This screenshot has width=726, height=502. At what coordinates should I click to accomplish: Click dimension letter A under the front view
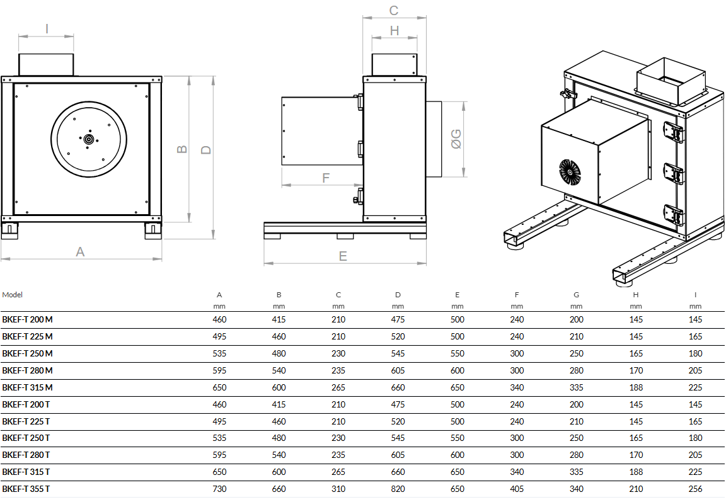[80, 251]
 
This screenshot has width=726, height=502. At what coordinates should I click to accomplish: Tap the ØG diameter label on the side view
[456, 139]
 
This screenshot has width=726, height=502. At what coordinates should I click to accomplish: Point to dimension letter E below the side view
[343, 256]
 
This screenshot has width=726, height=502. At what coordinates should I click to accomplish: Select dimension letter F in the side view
[326, 178]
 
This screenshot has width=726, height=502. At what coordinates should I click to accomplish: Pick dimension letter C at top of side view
[394, 10]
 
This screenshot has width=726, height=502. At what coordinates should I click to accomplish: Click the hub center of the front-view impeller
[88, 139]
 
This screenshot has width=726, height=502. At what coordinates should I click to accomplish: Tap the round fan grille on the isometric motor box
[569, 171]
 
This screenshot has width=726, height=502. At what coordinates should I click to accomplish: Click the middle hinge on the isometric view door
[674, 173]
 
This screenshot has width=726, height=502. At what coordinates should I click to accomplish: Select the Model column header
[13, 295]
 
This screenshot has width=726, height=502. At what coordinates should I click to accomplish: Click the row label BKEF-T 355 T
[26, 489]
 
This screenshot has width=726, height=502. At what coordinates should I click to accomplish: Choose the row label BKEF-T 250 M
[28, 353]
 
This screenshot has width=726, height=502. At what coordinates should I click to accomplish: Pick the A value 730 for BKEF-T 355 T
[219, 489]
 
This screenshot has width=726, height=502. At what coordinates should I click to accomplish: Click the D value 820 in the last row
[398, 489]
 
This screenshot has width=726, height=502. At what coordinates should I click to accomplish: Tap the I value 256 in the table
[695, 489]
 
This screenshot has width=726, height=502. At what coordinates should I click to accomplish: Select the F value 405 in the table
[517, 489]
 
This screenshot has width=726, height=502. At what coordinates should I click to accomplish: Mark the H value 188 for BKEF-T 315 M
[636, 387]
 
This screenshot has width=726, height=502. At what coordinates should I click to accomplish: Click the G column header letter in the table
[576, 295]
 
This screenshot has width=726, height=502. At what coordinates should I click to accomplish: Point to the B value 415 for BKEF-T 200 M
[279, 319]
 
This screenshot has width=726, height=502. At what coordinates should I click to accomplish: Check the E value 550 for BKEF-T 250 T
[458, 438]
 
